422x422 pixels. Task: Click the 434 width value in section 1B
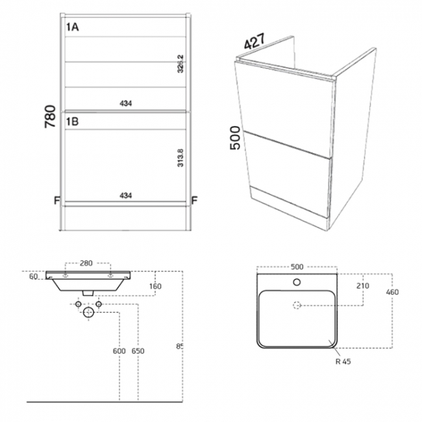[x=127, y=195]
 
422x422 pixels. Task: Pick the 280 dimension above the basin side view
[x=86, y=264]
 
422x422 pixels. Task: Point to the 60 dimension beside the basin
[x=33, y=276]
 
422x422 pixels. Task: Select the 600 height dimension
[x=119, y=351]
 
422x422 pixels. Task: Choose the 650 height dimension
[x=138, y=351]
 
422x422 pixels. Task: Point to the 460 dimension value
[x=392, y=292]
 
